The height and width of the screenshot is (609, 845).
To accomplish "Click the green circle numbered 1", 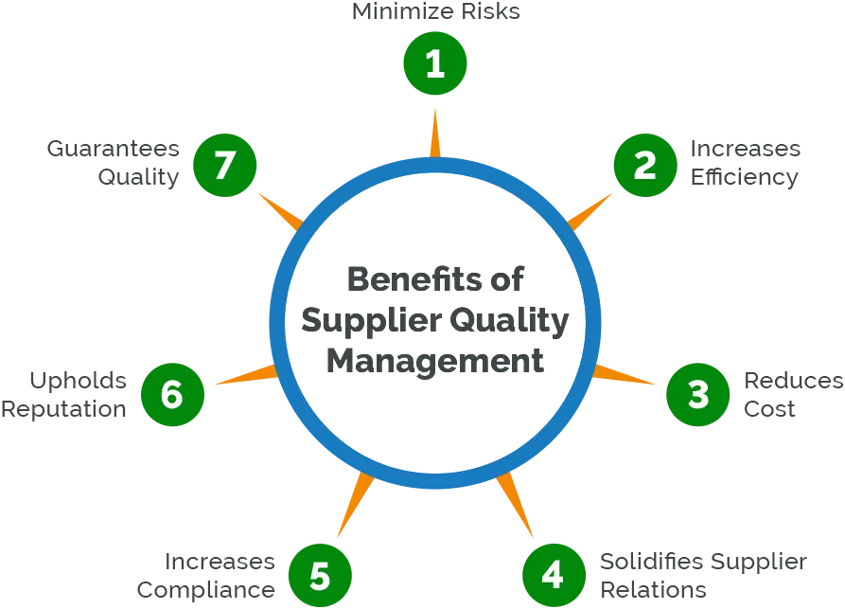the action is [x=435, y=63].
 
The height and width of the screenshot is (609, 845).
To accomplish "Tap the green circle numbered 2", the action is [x=645, y=165].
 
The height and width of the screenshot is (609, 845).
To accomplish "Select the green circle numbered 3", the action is [x=698, y=394].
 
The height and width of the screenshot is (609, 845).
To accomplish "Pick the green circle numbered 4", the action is [x=554, y=575].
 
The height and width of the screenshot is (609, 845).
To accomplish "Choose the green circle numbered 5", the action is [x=320, y=575].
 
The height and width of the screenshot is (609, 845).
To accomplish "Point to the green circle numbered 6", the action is [x=172, y=394].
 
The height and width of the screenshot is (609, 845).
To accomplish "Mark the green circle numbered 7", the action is [x=224, y=165].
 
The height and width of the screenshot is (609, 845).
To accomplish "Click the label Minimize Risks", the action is [x=435, y=11].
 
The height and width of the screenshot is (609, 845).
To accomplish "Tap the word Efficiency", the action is [x=745, y=178].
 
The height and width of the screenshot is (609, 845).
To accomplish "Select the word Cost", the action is [x=769, y=409].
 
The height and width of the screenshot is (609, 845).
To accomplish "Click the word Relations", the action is [x=653, y=589].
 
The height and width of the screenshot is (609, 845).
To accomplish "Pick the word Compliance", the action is [x=206, y=591].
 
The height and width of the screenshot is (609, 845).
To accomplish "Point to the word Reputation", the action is [x=63, y=410].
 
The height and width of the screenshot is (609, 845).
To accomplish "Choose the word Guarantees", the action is [x=114, y=149].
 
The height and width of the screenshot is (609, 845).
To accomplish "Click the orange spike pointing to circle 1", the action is [x=435, y=134].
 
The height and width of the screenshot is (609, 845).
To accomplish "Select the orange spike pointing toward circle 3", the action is [x=623, y=374].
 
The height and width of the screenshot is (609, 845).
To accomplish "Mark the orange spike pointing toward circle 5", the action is [x=355, y=506].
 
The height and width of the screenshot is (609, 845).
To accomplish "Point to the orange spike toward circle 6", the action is [x=246, y=374].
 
